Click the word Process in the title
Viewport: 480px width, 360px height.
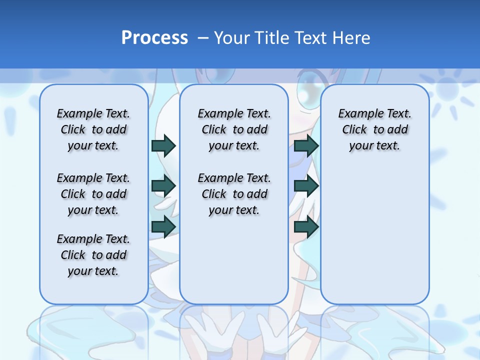pos(154,37)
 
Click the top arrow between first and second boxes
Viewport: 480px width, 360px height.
pos(163,145)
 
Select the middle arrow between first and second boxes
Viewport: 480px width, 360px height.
pos(163,186)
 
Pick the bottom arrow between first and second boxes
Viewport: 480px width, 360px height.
pos(163,226)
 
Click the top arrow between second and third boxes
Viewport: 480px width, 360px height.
pos(306,145)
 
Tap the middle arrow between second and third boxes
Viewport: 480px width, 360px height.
pos(306,186)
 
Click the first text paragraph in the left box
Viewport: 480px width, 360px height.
pos(93,129)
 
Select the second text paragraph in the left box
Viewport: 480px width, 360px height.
pos(93,194)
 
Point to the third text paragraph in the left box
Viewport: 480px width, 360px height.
pos(93,255)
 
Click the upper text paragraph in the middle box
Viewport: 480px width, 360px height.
pos(234,129)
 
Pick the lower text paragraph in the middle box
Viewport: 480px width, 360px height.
pos(234,194)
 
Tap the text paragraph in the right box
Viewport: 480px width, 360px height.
pos(374,129)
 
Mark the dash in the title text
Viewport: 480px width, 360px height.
pos(203,38)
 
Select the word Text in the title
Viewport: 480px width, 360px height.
pos(307,37)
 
